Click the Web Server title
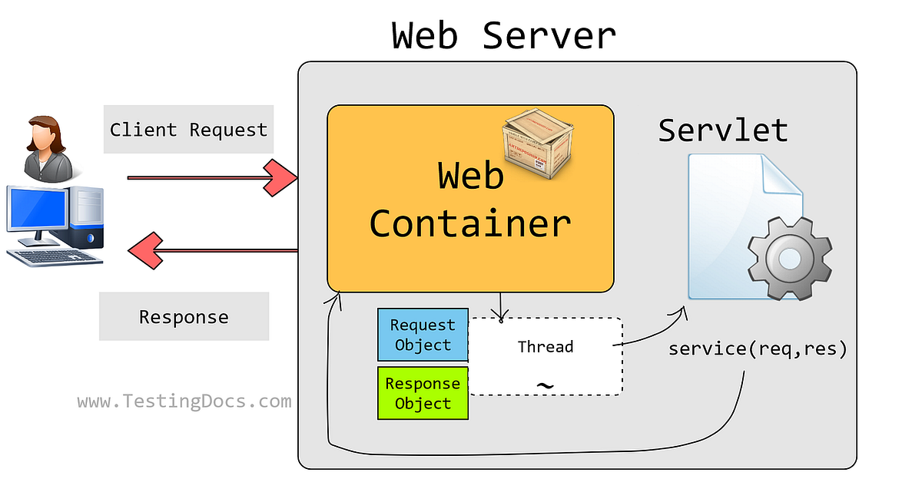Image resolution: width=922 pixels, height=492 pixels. click(503, 36)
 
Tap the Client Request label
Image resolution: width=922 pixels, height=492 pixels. click(188, 130)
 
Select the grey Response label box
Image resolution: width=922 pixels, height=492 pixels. click(184, 316)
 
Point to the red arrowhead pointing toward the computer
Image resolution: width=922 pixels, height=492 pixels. click(144, 249)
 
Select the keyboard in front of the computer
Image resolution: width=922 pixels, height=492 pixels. click(58, 256)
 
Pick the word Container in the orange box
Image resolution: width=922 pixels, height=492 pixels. click(470, 223)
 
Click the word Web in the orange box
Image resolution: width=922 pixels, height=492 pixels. click(471, 176)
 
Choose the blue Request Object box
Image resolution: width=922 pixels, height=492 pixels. click(422, 335)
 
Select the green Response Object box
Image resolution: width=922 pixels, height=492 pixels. click(423, 393)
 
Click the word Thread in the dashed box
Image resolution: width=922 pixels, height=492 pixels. click(545, 347)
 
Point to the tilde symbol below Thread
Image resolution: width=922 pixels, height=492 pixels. click(545, 385)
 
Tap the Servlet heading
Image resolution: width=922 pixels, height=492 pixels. click(723, 130)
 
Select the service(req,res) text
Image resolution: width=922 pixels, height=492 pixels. click(758, 349)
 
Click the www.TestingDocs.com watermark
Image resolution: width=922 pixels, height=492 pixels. click(184, 401)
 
